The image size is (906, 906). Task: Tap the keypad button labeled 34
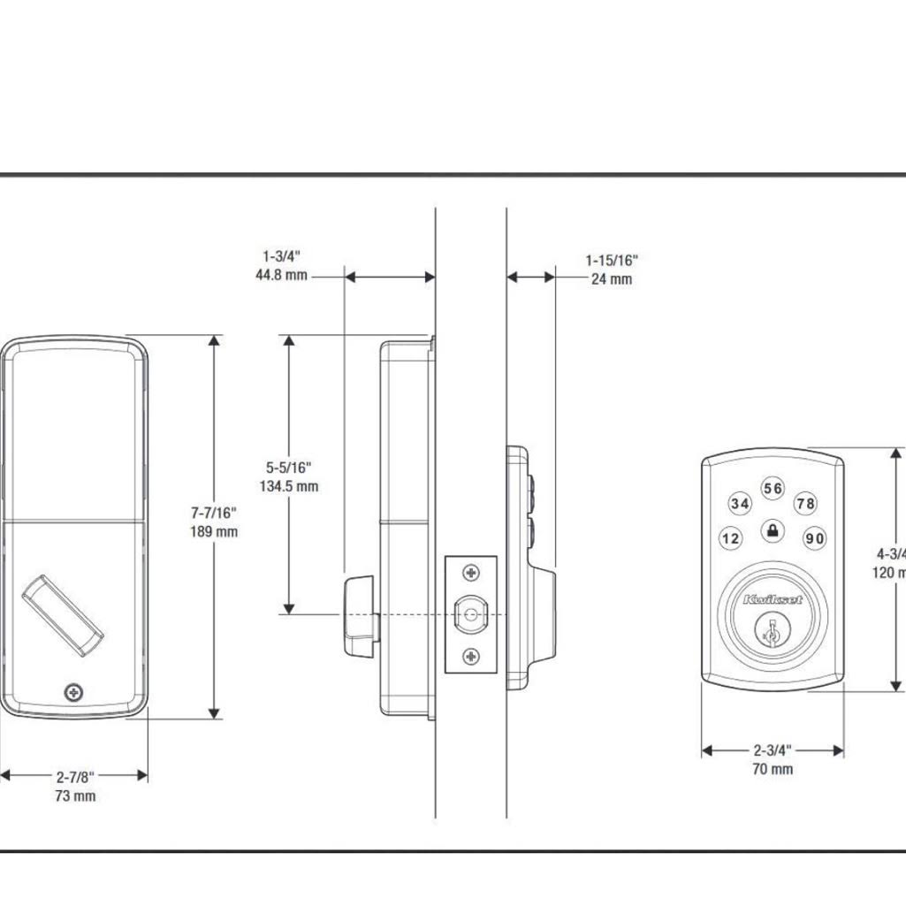pos(740,504)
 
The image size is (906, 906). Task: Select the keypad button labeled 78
pos(805,504)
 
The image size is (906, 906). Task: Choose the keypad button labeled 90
pos(814,538)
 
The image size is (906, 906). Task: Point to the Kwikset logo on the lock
pos(773,600)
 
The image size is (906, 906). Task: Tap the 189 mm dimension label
pos(214,531)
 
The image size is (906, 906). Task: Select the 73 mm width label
pos(74,796)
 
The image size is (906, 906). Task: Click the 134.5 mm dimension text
pos(289,486)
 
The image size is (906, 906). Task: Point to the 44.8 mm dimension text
pos(280,275)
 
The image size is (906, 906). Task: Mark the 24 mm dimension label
pos(612,279)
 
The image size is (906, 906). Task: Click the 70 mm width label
pos(773,769)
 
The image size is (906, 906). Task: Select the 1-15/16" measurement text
pos(611,260)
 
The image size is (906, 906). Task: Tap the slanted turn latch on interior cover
pos(62,616)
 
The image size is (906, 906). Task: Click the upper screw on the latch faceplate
pos(471,574)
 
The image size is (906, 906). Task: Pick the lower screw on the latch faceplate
pos(471,655)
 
